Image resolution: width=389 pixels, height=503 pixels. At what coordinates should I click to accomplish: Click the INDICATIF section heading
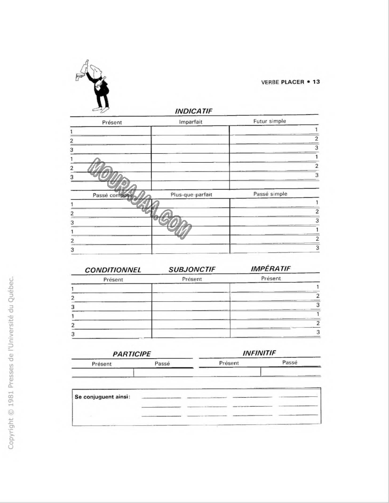pyautogui.click(x=194, y=111)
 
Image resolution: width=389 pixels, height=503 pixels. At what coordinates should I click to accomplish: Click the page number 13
pyautogui.click(x=316, y=82)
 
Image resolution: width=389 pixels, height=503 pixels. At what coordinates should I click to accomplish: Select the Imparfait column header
pyautogui.click(x=190, y=122)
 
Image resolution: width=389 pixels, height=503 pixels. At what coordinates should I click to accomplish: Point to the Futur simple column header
pyautogui.click(x=270, y=121)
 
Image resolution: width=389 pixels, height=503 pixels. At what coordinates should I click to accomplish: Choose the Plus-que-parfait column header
pyautogui.click(x=191, y=195)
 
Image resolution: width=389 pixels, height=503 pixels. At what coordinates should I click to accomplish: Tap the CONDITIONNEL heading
pyautogui.click(x=113, y=270)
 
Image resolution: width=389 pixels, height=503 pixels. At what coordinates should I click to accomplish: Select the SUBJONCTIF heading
pyautogui.click(x=191, y=270)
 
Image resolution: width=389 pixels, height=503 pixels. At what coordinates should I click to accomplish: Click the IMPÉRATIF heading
pyautogui.click(x=270, y=268)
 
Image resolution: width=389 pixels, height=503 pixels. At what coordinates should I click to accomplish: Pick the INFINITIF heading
pyautogui.click(x=258, y=353)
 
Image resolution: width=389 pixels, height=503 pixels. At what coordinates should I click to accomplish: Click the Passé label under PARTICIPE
pyautogui.click(x=162, y=363)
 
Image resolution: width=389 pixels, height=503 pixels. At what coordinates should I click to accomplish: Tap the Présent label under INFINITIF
pyautogui.click(x=229, y=363)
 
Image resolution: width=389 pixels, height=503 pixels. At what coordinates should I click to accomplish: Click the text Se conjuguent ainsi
pyautogui.click(x=103, y=397)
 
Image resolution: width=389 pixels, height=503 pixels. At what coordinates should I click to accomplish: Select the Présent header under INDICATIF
pyautogui.click(x=112, y=122)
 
